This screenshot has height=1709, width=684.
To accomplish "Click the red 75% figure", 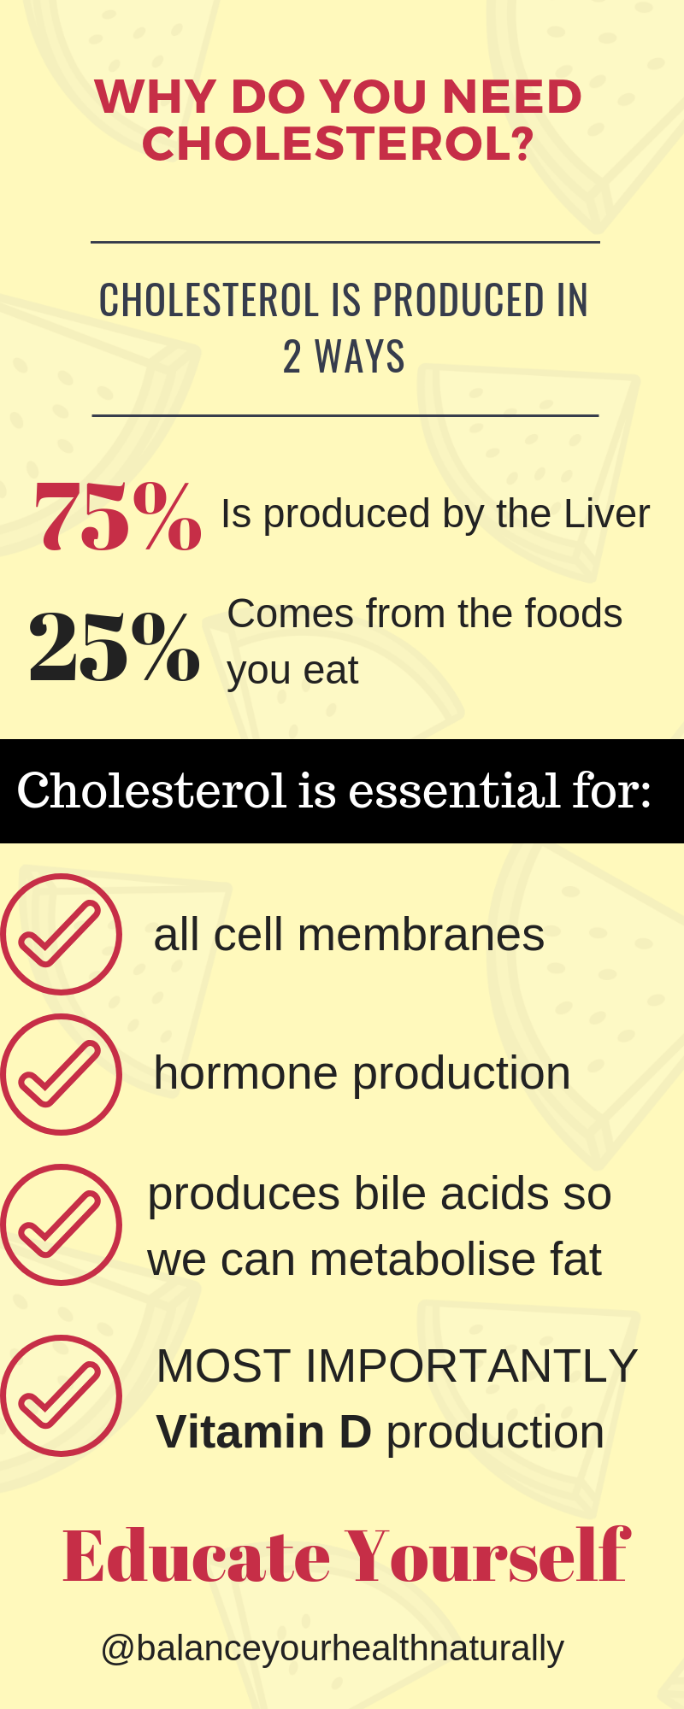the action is click(x=118, y=514).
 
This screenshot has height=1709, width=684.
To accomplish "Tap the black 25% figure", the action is click(x=115, y=646).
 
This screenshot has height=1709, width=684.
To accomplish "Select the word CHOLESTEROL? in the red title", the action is click(x=338, y=143).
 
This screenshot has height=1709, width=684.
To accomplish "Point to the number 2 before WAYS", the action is click(x=292, y=357).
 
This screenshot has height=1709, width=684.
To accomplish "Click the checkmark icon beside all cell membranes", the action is click(x=61, y=934).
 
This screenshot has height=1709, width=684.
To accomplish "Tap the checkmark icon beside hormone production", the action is click(x=61, y=1074).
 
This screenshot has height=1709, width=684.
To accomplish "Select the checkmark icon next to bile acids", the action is click(x=61, y=1224).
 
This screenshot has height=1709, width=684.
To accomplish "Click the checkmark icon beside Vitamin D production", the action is click(x=61, y=1395).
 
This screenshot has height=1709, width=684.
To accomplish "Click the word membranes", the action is click(x=421, y=934).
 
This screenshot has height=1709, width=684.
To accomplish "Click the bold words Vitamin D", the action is click(x=264, y=1432).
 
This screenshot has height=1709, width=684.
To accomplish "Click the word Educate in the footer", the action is click(x=196, y=1557).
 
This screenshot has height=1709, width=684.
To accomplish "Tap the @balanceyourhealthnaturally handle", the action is click(x=333, y=1648).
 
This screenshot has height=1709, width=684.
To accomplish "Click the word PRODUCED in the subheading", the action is click(x=458, y=301).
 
